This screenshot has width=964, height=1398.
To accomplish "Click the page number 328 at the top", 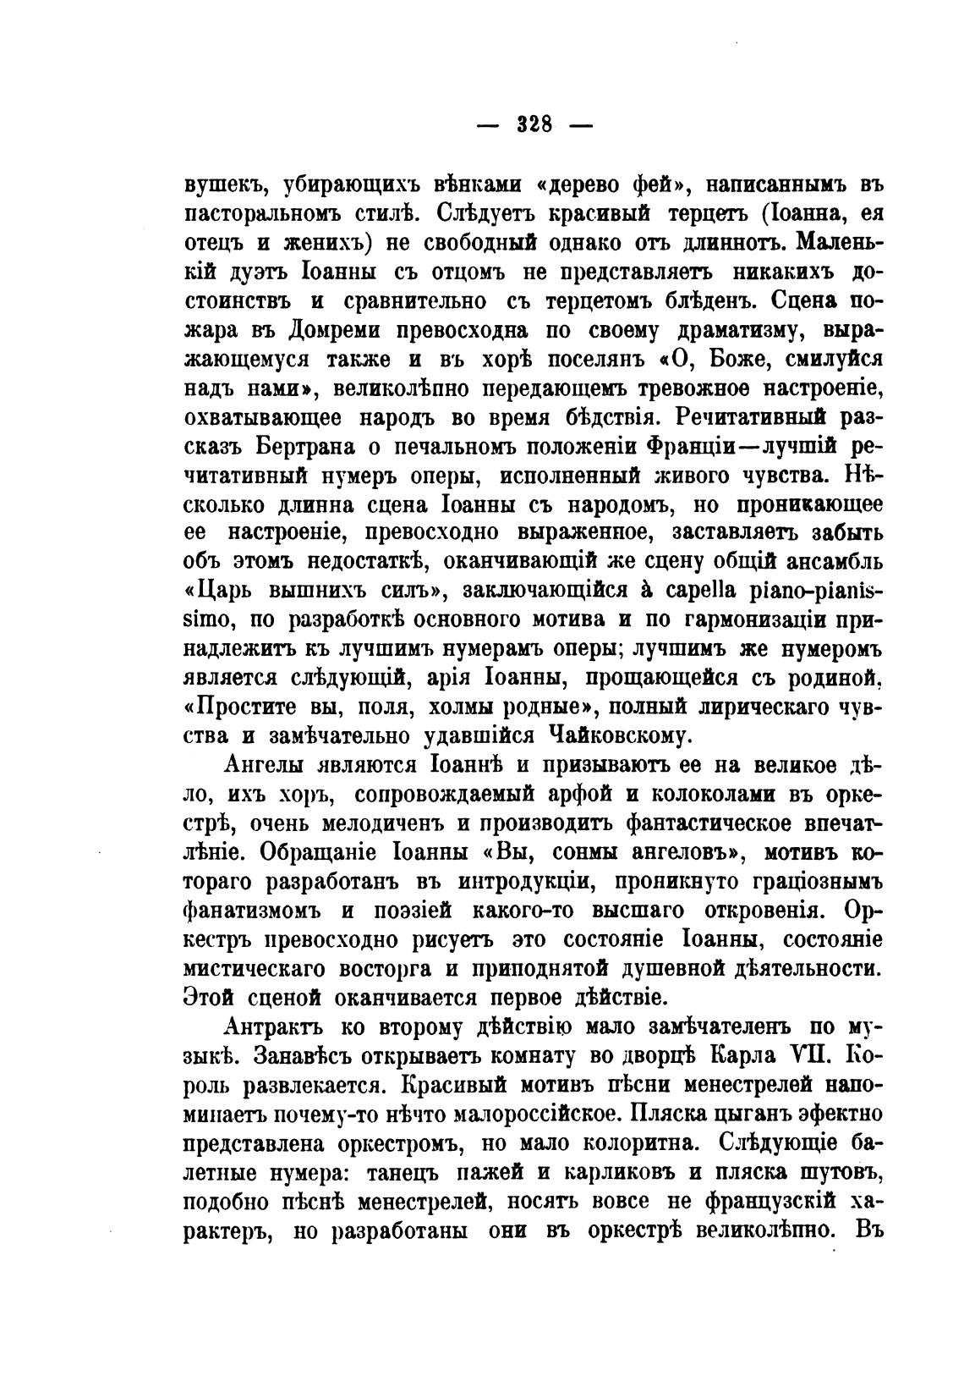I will (534, 125).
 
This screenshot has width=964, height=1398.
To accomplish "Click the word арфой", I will (554, 795).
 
